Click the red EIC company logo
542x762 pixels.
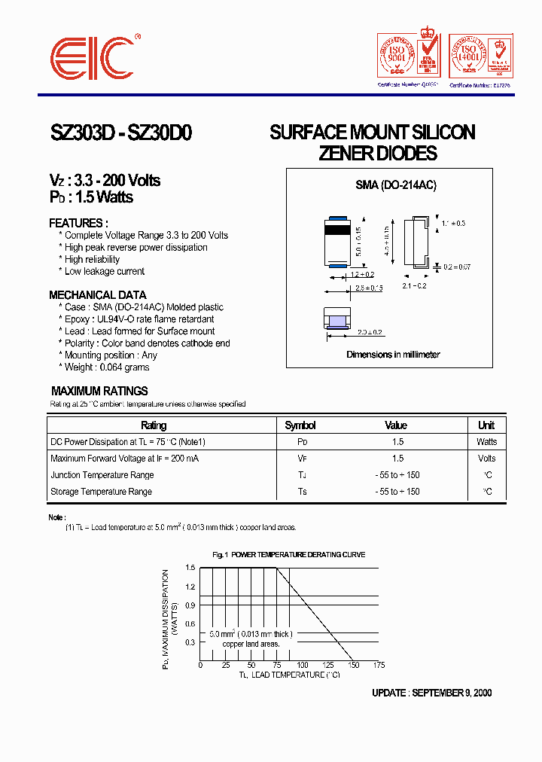pos(92,56)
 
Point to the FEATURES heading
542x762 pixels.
pos(78,223)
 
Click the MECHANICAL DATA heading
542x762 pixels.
pos(98,295)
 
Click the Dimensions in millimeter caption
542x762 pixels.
pos(393,354)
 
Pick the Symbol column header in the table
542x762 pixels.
pos(300,425)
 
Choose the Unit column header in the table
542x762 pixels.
pos(486,425)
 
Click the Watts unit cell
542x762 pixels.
pos(486,442)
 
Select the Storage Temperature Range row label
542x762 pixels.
pos(101,492)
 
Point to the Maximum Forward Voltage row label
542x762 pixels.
pos(124,459)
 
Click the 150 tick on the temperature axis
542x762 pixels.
pos(353,665)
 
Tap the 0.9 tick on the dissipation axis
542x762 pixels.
pos(190,605)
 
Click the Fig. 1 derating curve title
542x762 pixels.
pos(288,554)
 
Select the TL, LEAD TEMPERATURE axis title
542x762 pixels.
pos(289,675)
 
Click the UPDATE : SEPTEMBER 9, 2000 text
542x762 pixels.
pos(432,693)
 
